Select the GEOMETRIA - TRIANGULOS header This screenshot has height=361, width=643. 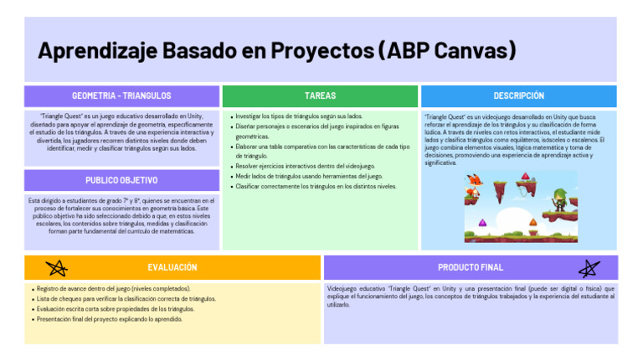(x=121, y=96)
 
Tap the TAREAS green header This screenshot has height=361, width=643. (x=320, y=96)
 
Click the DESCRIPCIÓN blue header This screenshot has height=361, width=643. (x=518, y=96)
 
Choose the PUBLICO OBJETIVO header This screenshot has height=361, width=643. (x=121, y=180)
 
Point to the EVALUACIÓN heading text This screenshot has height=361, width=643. (x=172, y=267)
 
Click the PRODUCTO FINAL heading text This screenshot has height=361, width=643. (x=471, y=267)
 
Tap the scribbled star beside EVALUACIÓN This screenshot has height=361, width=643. (x=58, y=268)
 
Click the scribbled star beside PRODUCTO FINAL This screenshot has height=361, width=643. (x=589, y=268)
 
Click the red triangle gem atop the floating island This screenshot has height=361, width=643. (x=525, y=176)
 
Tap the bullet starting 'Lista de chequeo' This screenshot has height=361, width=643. (x=126, y=298)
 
